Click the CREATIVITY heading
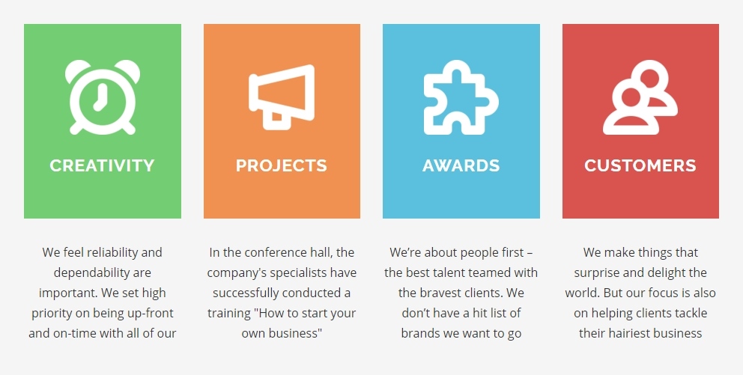[103, 165]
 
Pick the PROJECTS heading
[282, 165]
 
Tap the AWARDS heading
[461, 165]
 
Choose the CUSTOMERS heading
[640, 165]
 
